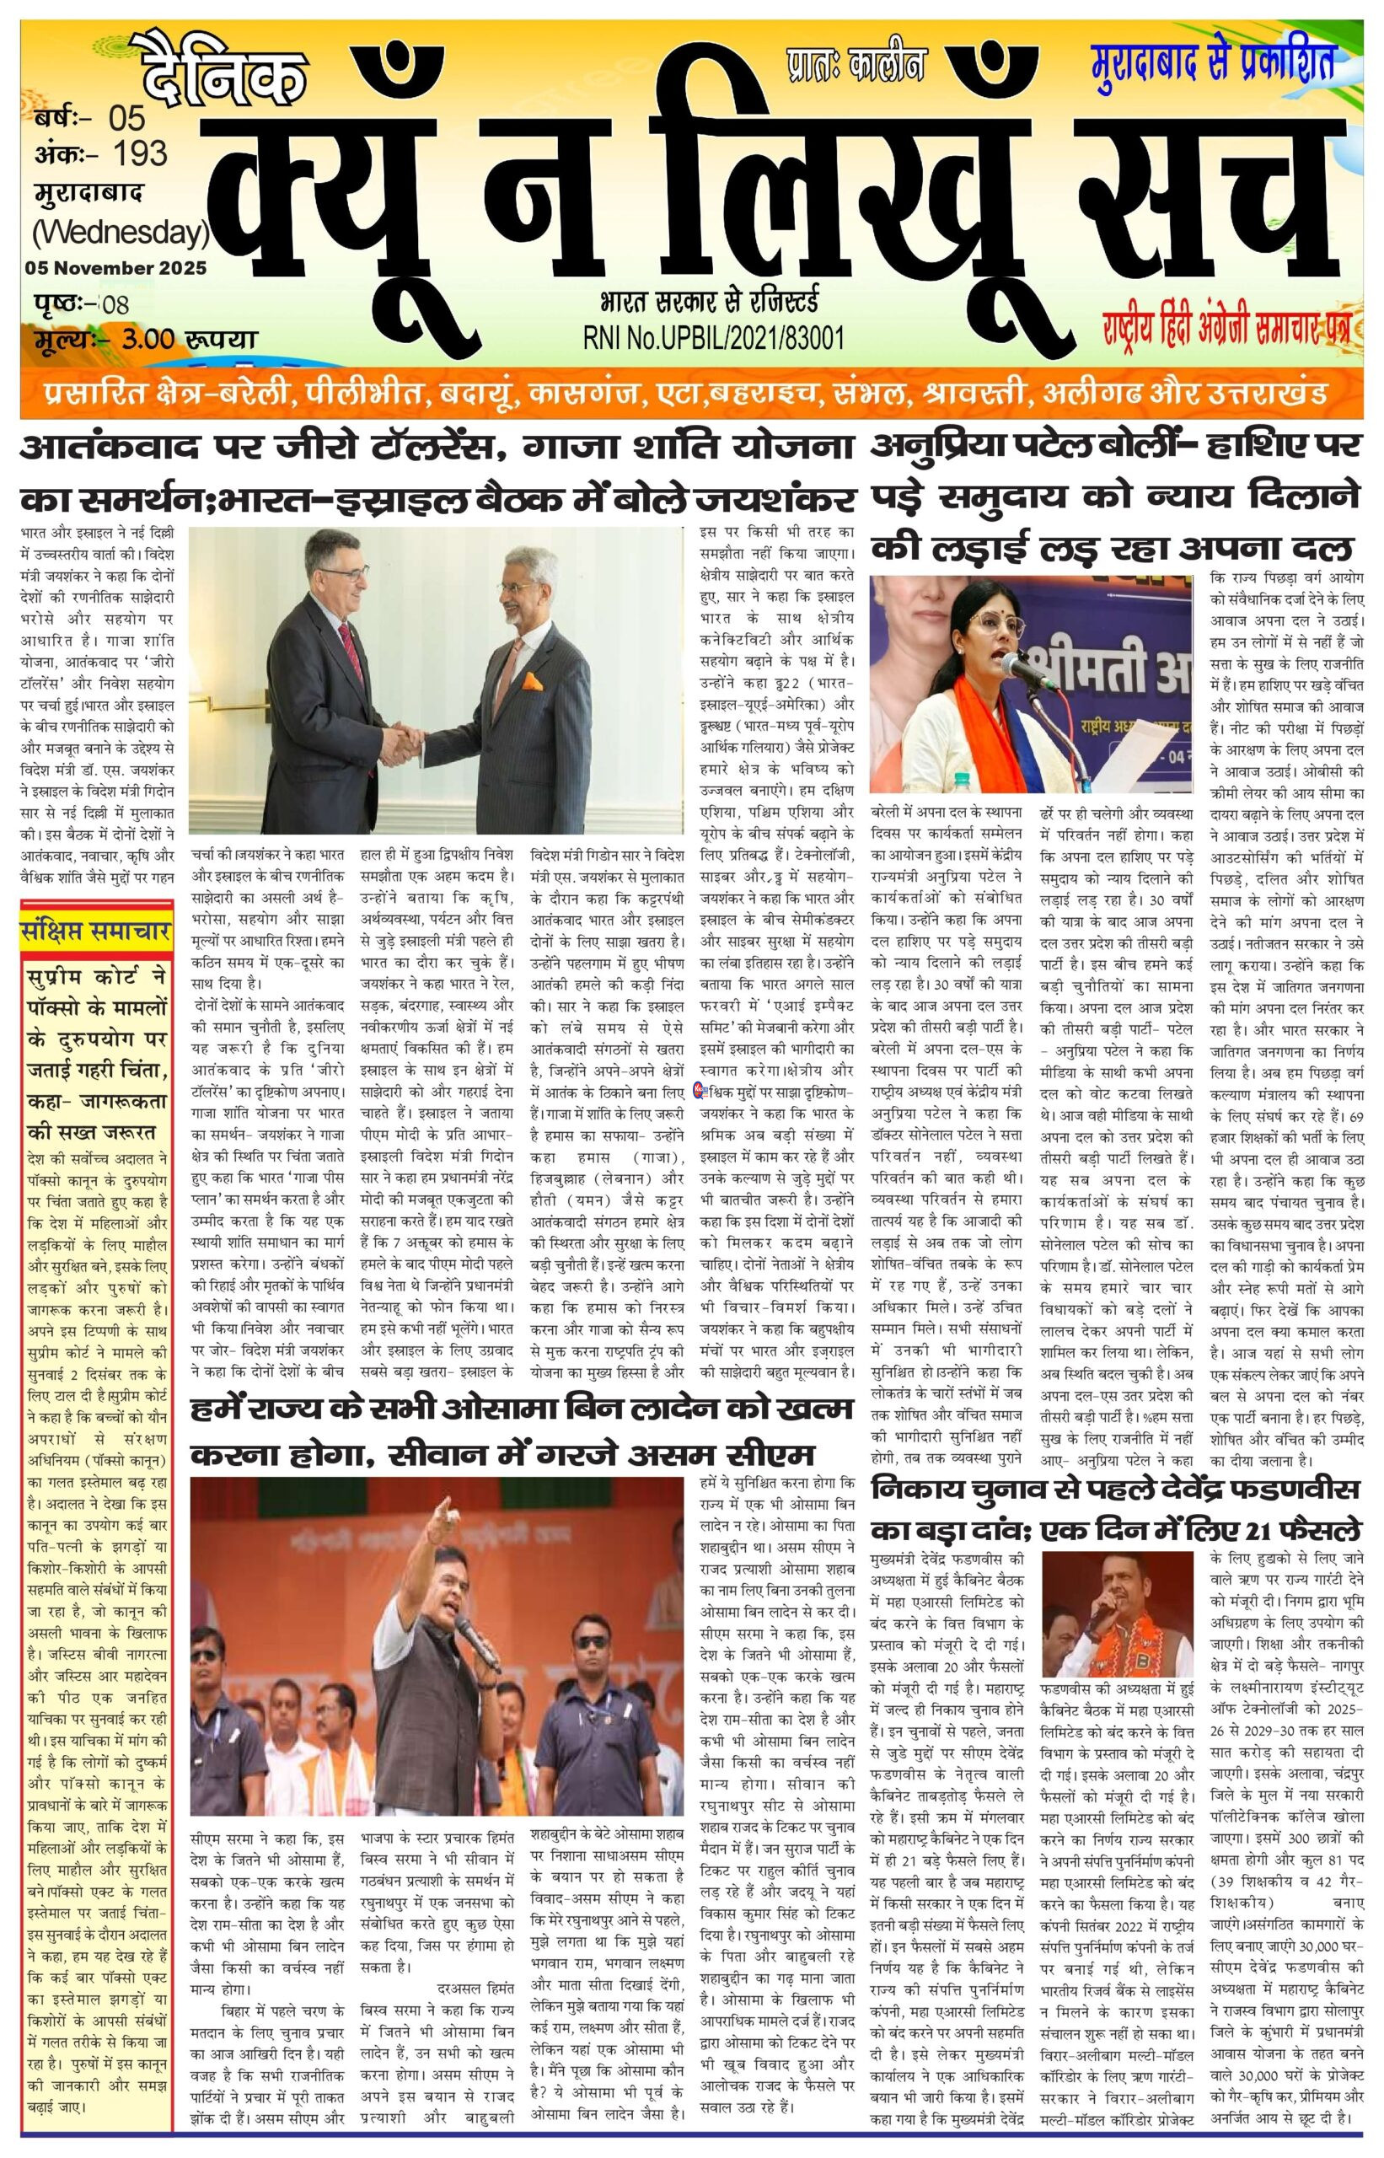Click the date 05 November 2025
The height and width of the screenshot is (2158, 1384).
(116, 268)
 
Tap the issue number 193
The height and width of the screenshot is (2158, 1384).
(140, 153)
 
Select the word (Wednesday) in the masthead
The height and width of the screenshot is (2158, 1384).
(121, 233)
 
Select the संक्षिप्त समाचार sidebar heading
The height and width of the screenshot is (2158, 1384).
(96, 932)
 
